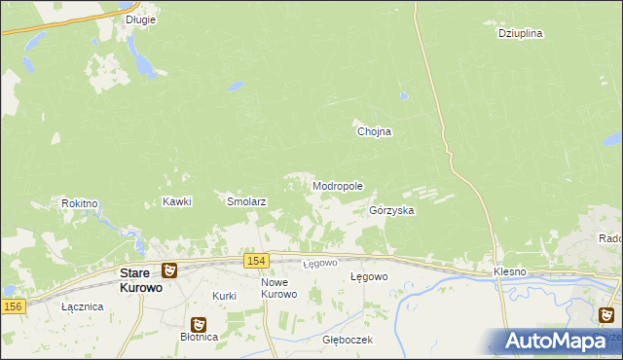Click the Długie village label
point(141,18)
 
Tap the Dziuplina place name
point(520,32)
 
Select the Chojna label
point(374,132)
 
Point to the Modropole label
point(338,185)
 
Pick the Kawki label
point(177,201)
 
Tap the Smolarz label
point(247,201)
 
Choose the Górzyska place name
point(392,210)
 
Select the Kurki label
point(225,295)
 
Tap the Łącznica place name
point(82,306)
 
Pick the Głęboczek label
point(348,341)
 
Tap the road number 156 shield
point(12,306)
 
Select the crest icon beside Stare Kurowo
point(169,270)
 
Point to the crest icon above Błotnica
point(199,323)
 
